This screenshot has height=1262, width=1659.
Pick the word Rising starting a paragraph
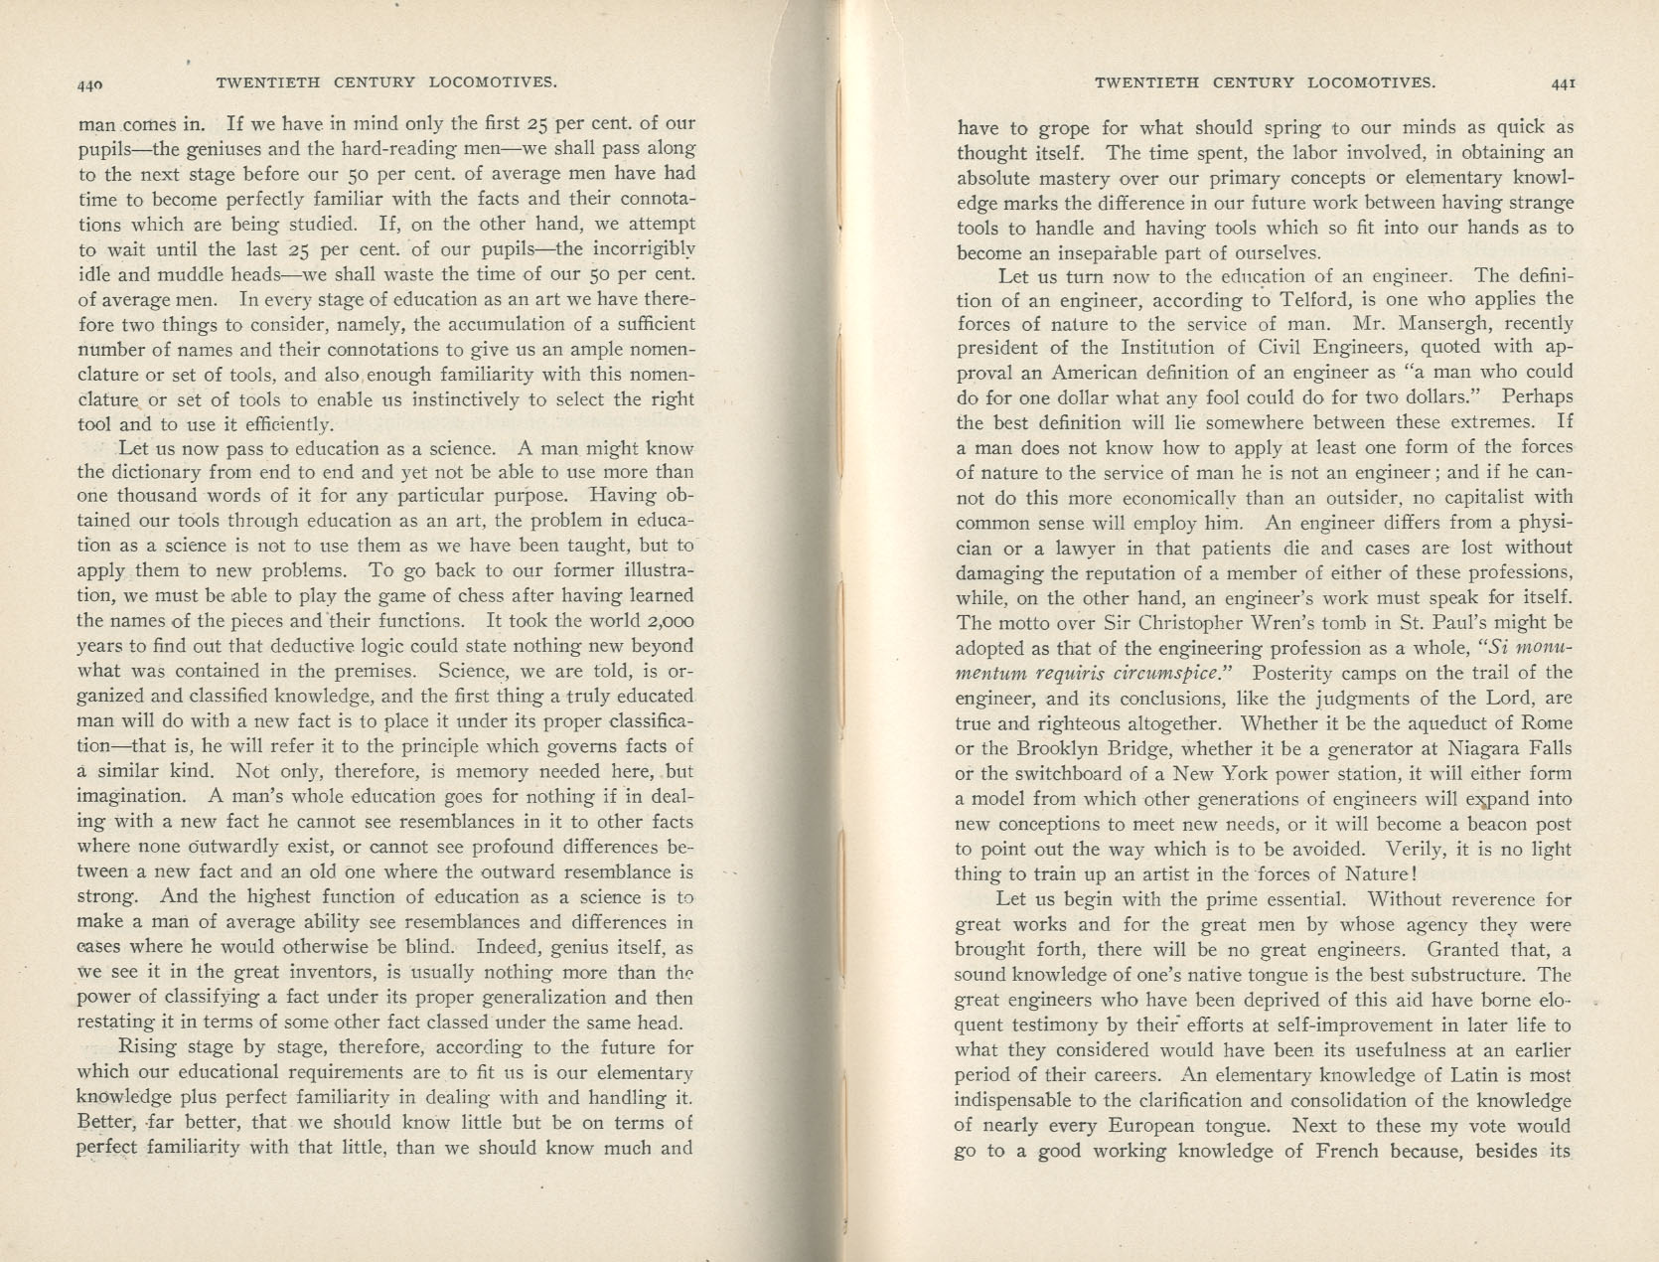pyautogui.click(x=146, y=1047)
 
